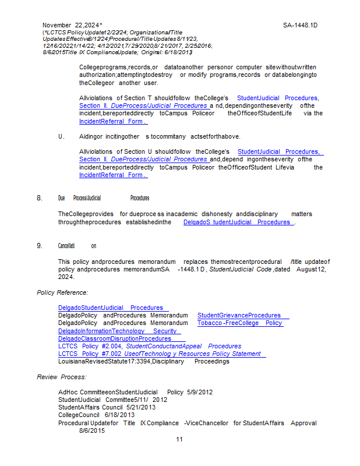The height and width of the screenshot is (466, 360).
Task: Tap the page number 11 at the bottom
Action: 179,439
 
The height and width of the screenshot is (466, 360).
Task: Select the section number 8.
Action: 40,198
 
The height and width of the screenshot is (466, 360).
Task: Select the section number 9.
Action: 40,246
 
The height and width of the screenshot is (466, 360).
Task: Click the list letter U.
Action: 61,136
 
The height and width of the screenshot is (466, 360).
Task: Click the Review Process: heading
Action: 61,377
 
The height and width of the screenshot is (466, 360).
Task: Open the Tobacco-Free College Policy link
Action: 239,323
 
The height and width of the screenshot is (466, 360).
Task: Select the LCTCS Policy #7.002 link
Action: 162,354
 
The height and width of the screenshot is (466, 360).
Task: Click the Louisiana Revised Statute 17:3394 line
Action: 143,361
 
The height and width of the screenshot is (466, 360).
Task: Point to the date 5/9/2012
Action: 200,393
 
